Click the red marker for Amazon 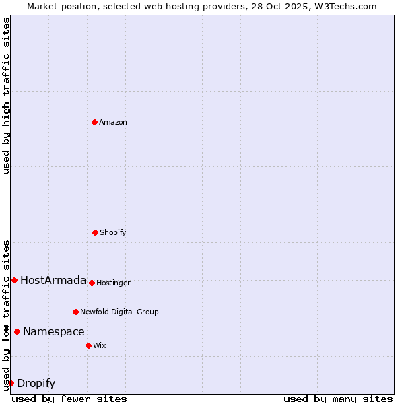94,122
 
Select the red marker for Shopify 95,232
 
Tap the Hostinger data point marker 92,283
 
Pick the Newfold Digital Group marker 75,312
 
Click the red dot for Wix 88,345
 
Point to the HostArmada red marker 14,280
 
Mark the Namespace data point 17,331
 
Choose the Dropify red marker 11,383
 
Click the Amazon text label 113,123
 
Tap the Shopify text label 113,233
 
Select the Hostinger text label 113,283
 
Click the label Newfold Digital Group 120,312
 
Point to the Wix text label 100,346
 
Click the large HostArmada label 53,281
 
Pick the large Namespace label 54,332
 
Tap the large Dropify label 36,384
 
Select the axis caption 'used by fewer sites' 69,399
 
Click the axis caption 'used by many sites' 338,399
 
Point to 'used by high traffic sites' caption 6,96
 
